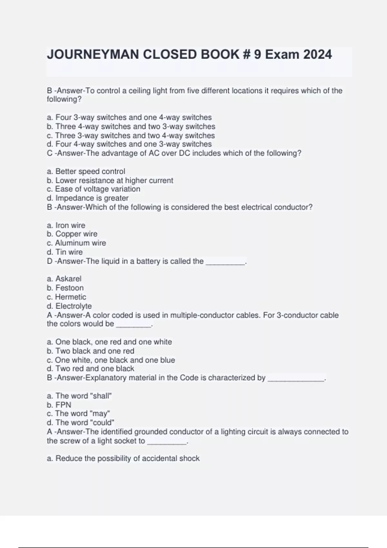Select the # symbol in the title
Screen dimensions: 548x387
click(x=246, y=54)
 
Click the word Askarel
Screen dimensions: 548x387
click(x=68, y=279)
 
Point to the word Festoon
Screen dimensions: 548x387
click(x=69, y=288)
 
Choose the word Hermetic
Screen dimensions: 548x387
click(x=70, y=297)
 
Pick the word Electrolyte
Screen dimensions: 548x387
click(x=74, y=306)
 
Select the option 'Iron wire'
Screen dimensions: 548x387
click(x=70, y=225)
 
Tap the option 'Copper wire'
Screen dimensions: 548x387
click(x=76, y=234)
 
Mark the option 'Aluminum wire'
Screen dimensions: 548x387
click(x=80, y=243)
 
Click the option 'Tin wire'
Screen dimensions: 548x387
click(x=69, y=252)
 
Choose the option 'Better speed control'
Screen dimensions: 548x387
click(x=90, y=171)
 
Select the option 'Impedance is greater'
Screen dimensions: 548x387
click(x=92, y=198)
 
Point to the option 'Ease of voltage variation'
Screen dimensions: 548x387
click(x=97, y=189)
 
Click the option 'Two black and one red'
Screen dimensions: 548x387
click(x=94, y=351)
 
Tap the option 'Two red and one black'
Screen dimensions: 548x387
click(x=94, y=368)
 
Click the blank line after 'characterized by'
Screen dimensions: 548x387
click(x=296, y=378)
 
